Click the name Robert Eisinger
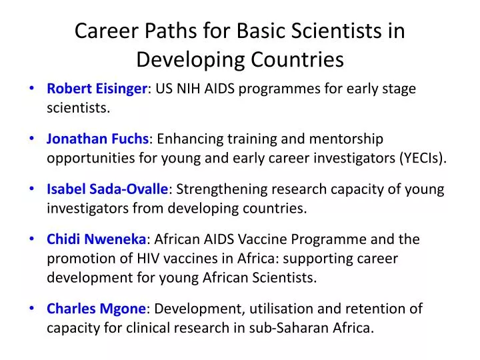97,89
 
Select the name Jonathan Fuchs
98,139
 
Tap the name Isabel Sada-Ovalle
108,189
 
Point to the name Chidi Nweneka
96,239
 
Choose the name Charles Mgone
96,309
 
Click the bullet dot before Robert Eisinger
33,89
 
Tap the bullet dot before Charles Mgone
33,309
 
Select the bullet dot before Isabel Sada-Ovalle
33,189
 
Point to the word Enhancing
187,139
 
